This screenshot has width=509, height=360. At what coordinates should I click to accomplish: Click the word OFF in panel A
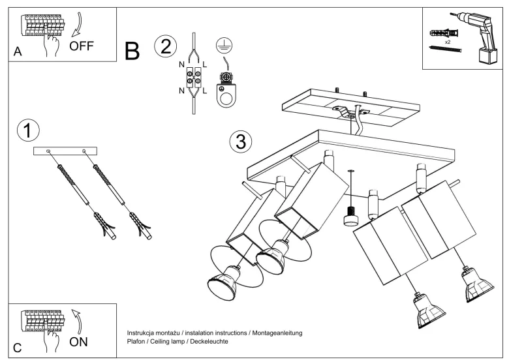82,46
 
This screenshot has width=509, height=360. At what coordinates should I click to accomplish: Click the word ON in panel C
78,342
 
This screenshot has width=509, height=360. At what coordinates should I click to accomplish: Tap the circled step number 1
28,130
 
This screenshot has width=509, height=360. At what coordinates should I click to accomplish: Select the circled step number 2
166,46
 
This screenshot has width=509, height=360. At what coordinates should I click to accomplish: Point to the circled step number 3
241,142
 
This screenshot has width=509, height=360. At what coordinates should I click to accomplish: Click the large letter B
132,52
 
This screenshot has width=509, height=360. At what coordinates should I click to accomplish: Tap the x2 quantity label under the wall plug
448,42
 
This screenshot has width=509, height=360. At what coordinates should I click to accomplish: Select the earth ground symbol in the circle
224,45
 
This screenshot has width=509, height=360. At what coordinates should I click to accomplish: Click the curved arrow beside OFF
78,25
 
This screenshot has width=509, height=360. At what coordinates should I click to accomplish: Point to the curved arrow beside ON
77,322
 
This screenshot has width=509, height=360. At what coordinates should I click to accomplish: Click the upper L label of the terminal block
204,65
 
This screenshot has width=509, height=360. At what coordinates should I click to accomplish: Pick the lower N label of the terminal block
181,91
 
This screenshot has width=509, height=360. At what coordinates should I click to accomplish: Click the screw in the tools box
445,49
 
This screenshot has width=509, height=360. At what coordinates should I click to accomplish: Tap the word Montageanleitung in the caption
277,333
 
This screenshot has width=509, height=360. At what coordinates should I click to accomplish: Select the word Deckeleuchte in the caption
209,342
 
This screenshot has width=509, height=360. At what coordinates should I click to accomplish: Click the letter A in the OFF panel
18,52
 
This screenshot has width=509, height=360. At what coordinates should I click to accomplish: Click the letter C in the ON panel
17,348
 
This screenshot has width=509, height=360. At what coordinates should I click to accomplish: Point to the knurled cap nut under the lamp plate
350,216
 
